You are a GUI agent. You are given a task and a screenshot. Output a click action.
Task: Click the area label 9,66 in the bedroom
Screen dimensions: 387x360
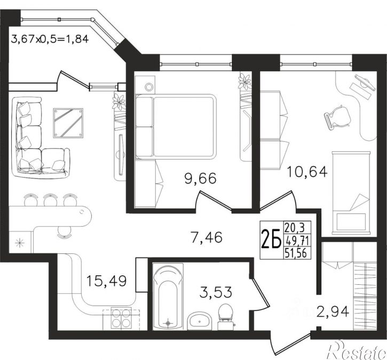pos(200,179)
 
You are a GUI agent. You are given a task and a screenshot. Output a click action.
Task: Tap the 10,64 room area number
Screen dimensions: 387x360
pos(307,172)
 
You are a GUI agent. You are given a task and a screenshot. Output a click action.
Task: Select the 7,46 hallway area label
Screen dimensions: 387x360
pos(207,237)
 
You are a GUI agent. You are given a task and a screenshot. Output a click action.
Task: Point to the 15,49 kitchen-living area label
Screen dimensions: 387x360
pos(107,281)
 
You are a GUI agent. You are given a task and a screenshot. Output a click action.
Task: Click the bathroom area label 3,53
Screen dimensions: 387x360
pos(216,292)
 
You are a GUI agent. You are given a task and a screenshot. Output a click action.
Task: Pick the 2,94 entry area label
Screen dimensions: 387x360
pos(333,311)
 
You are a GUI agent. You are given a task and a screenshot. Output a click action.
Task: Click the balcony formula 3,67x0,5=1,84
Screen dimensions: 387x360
pos(50,39)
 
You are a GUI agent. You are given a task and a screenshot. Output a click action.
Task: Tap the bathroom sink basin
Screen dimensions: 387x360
pos(200,321)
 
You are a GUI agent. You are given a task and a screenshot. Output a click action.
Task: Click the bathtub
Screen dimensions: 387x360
pos(168,297)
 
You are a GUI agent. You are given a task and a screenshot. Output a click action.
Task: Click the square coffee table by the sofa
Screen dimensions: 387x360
pos(68,123)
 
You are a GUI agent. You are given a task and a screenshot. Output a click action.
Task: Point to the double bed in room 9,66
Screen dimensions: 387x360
pos(176,126)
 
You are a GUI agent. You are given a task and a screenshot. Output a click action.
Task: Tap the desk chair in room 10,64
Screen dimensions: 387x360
pos(337,116)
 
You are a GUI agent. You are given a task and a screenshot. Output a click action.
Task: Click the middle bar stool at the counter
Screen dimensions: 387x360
pos(50,199)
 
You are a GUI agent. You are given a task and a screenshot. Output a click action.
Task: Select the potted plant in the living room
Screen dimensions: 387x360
pos(119,101)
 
